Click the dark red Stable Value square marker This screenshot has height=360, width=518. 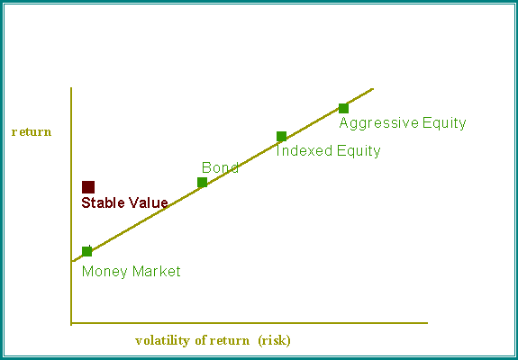pos(88,187)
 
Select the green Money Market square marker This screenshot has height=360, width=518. pos(86,251)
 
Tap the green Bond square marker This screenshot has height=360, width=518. pos(202,182)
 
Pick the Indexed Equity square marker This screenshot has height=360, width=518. pos(281,136)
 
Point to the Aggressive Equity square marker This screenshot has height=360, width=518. pos(343,108)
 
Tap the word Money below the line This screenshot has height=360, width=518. pos(105,272)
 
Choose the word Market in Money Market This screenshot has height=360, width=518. pos(156,271)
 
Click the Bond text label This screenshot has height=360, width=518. pos(220,167)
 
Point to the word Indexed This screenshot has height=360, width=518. pos(304,151)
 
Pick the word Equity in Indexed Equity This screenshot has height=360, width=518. pos(359,151)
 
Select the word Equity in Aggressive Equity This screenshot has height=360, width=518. pos(444,123)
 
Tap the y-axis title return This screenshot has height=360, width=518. pos(32,132)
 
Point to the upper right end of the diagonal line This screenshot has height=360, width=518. pos(373,89)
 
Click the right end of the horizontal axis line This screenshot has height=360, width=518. pos(427,323)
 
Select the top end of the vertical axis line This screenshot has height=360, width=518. pos(71,88)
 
